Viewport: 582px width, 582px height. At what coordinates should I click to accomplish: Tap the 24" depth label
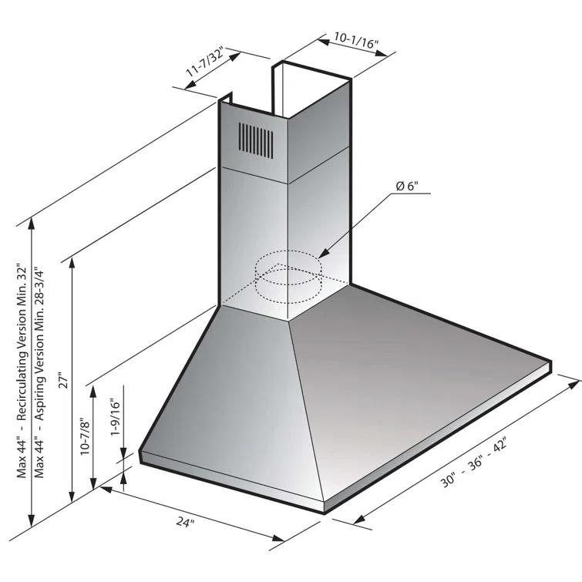point(185,523)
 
